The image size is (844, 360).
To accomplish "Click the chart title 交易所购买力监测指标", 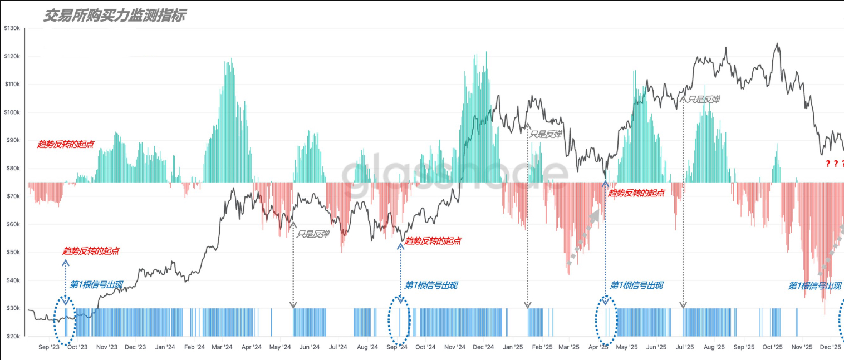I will tap(114, 16).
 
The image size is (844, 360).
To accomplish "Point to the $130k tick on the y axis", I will tap(12, 28).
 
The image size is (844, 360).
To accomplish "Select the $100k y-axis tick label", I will tap(12, 112).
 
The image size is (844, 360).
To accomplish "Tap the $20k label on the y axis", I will tap(12, 337).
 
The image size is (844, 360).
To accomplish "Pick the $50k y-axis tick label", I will tap(12, 253).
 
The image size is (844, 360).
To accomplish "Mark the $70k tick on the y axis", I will tap(12, 196).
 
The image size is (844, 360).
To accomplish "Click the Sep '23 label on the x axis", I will tap(49, 347).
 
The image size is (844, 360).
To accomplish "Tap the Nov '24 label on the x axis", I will tap(454, 347).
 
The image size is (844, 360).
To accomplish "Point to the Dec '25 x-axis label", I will tap(830, 347).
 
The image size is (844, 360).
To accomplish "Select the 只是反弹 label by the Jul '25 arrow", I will tap(704, 99).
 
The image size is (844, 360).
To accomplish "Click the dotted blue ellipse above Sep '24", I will tap(400, 321).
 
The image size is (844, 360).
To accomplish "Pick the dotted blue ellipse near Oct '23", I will tap(66, 321).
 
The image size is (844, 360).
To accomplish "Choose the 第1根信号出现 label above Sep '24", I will tap(431, 285).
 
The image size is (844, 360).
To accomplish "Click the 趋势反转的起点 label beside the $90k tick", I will tap(66, 144).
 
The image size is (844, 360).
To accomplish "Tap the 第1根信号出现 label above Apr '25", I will tap(636, 285).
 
